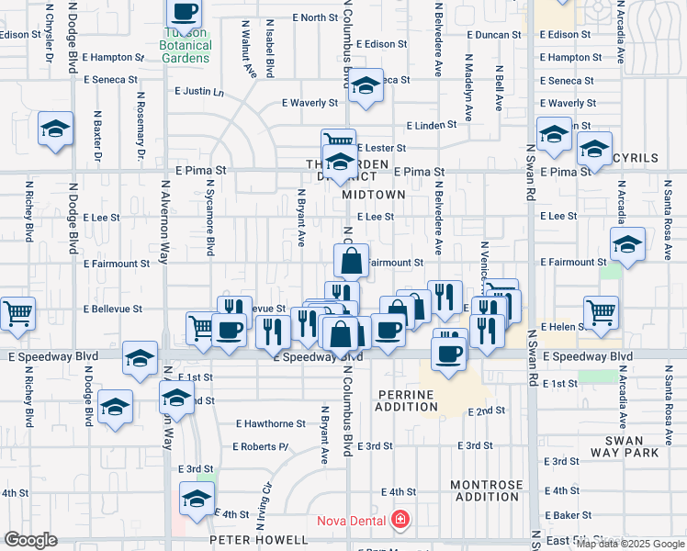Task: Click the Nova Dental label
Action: click(x=351, y=521)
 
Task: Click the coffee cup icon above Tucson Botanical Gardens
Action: click(x=185, y=12)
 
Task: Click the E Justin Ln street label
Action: click(x=199, y=92)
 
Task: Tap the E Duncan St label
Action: click(x=493, y=34)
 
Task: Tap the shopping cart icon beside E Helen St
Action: click(x=601, y=312)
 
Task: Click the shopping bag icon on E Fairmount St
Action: click(x=351, y=261)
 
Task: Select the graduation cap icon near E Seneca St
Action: click(x=366, y=85)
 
